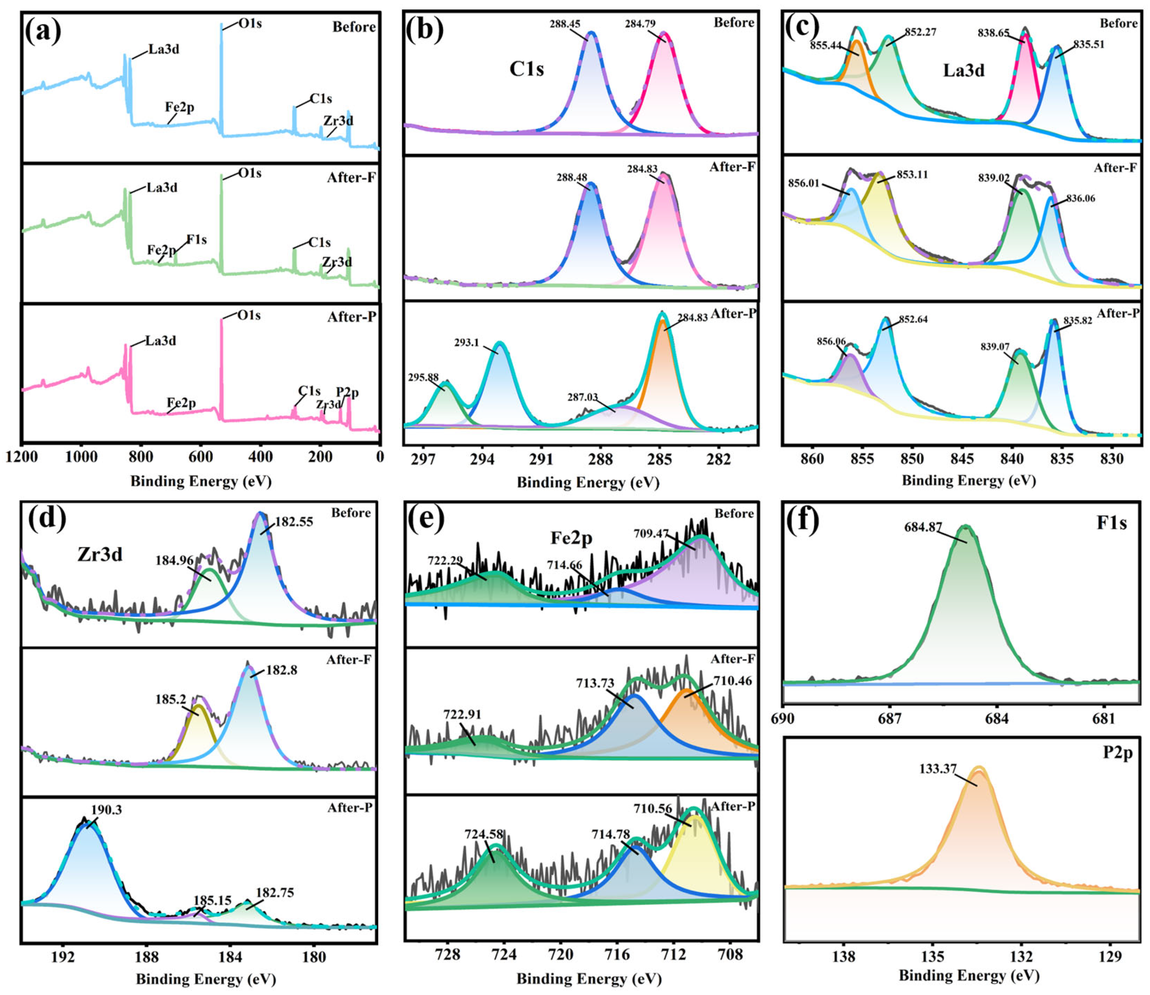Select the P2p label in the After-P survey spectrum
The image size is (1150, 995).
347,392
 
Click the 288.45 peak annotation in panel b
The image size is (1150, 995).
565,24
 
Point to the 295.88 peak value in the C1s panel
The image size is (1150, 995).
423,377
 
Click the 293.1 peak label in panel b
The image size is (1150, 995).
467,343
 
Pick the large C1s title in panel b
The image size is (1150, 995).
526,69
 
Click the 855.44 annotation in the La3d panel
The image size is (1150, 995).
825,46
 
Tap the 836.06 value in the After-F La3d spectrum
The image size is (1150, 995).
1080,198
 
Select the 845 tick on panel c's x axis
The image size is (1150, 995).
962,459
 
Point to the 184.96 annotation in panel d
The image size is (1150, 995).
174,561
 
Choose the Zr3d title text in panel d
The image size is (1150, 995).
100,554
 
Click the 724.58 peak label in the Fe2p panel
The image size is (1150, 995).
484,834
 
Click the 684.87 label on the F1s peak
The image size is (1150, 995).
923,527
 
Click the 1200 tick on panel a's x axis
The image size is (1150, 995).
22,457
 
